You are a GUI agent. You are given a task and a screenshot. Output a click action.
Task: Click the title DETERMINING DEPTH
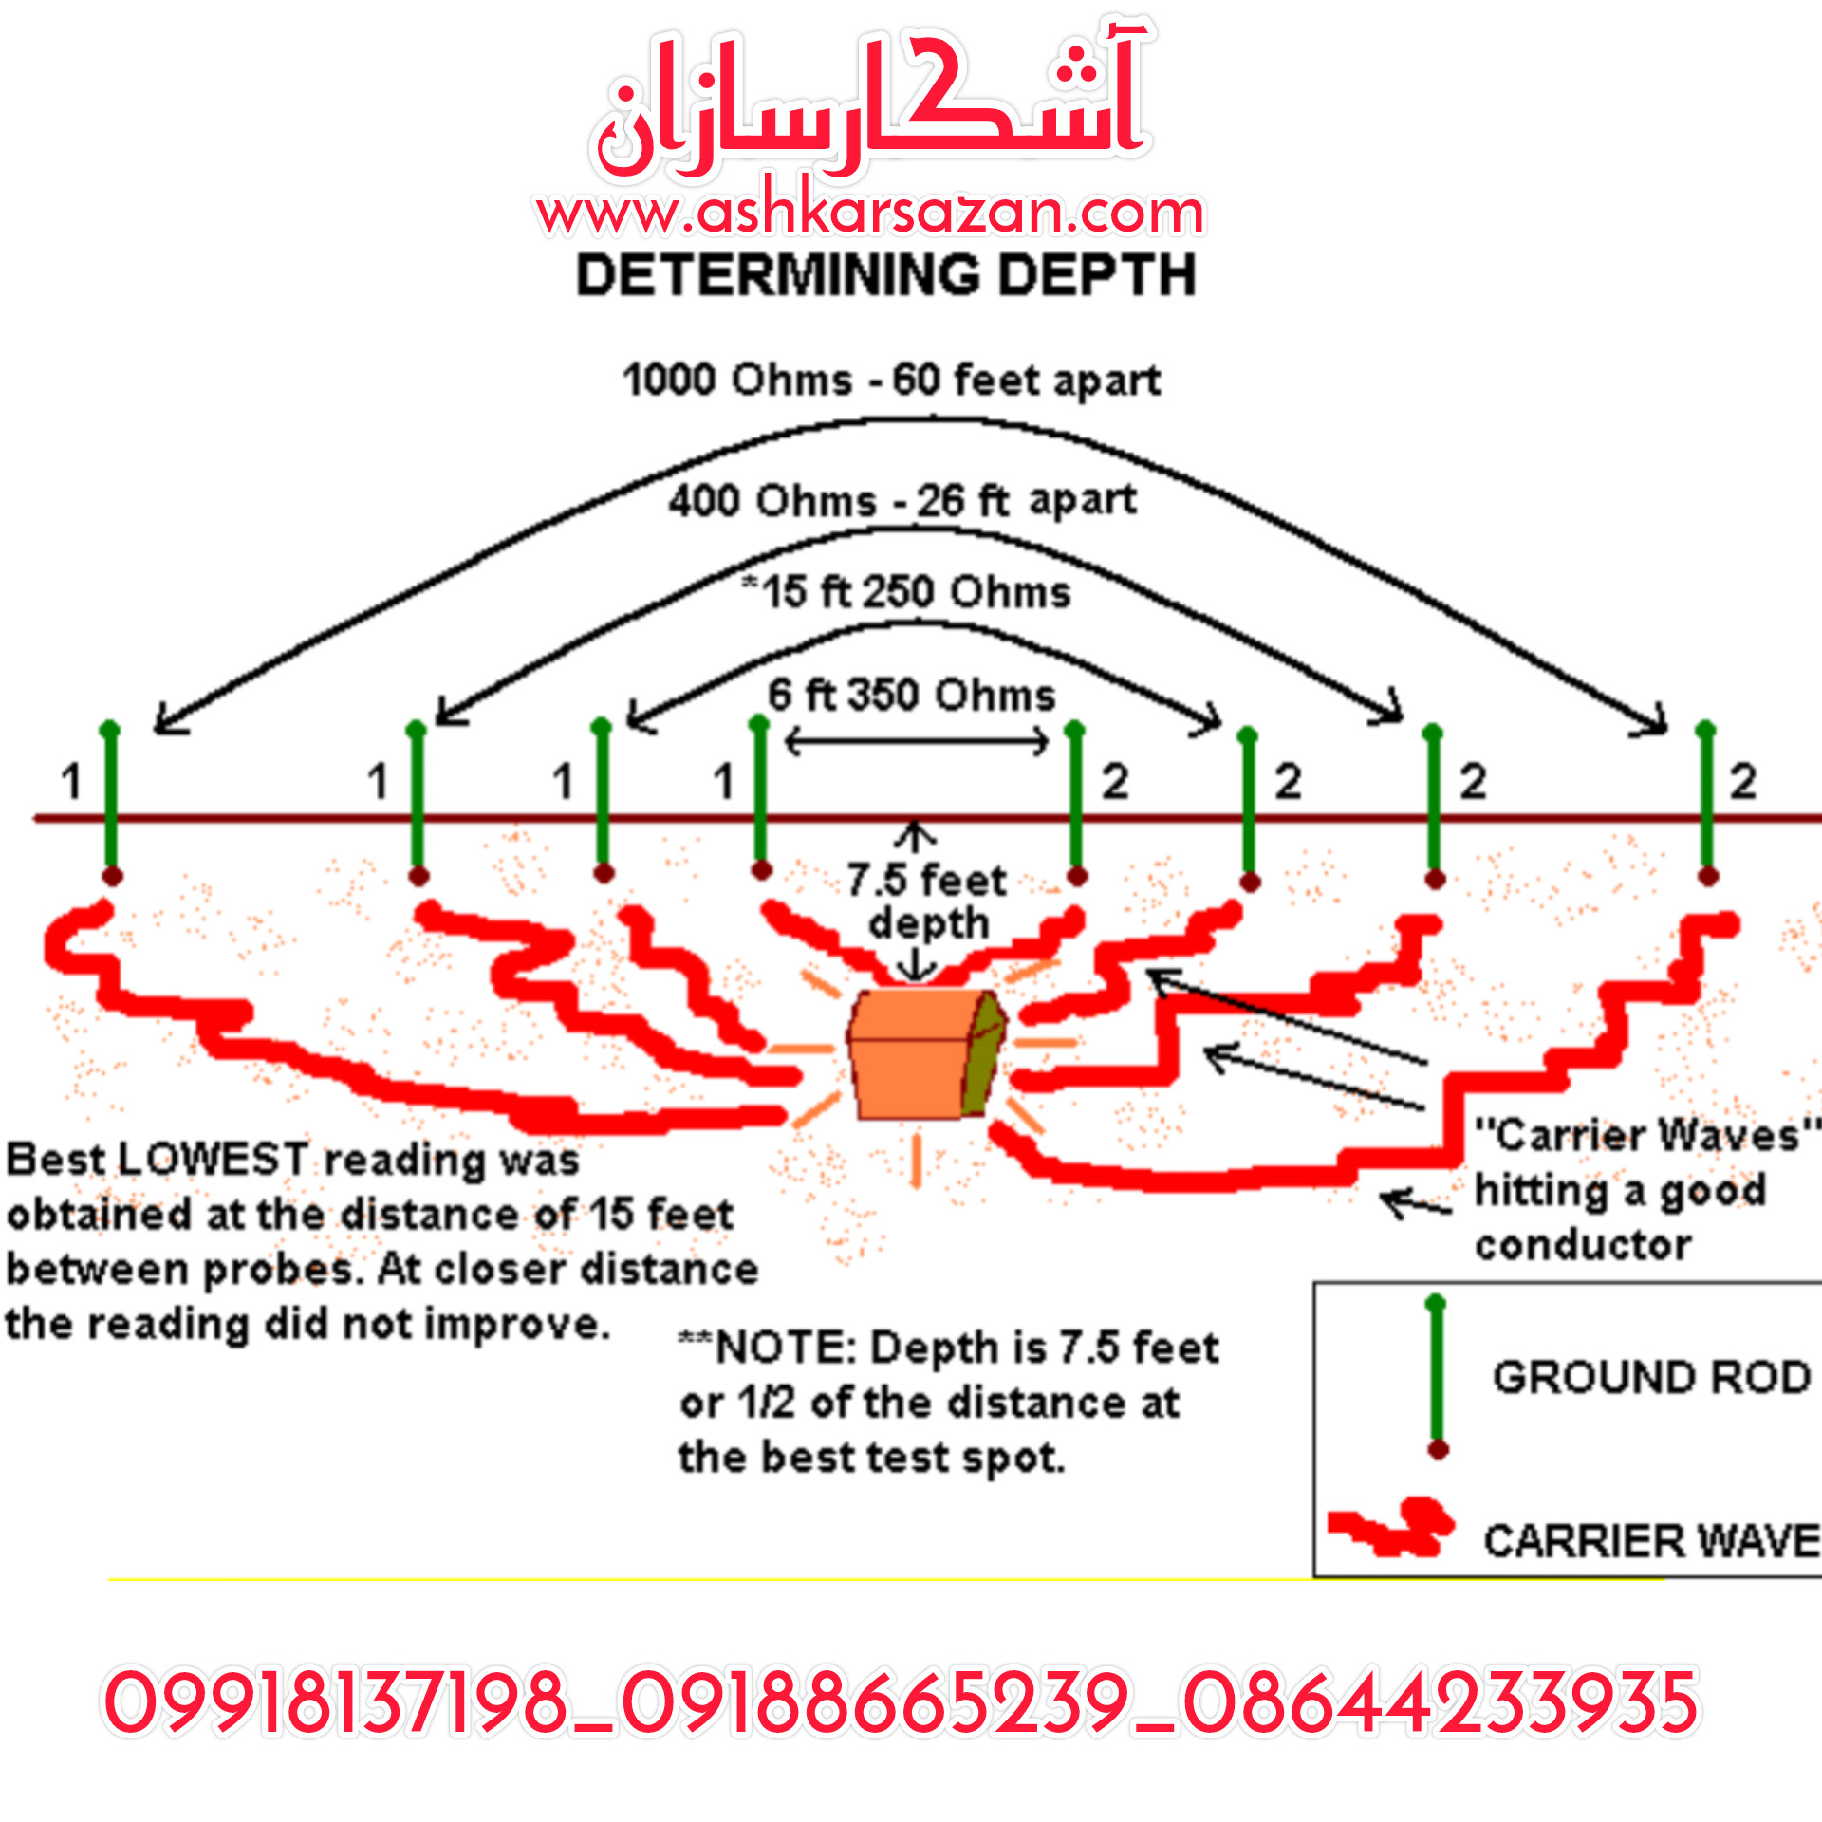click(x=886, y=276)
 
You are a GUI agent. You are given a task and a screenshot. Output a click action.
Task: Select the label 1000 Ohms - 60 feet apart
click(x=891, y=381)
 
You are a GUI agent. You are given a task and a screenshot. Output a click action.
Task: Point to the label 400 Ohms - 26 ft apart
click(x=902, y=500)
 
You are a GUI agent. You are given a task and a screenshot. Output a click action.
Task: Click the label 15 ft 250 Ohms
click(x=906, y=591)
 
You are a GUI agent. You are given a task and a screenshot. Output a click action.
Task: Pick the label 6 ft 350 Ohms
click(x=912, y=694)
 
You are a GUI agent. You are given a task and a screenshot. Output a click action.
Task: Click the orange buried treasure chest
click(x=926, y=1053)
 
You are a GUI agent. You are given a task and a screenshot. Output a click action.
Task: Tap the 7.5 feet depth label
click(x=927, y=902)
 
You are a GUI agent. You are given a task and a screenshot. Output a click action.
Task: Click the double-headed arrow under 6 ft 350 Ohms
click(x=917, y=740)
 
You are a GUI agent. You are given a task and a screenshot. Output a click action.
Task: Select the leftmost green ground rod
click(x=111, y=803)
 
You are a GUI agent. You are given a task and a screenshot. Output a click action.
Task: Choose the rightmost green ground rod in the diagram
click(x=1707, y=803)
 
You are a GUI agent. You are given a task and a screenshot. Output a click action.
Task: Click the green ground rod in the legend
click(x=1437, y=1377)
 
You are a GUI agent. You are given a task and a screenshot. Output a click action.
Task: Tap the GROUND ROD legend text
click(x=1652, y=1377)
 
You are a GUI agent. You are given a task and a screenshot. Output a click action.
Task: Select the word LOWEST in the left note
click(x=214, y=1159)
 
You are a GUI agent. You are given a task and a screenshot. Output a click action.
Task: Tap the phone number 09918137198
click(x=335, y=1703)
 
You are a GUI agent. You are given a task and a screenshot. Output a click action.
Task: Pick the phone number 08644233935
click(x=1441, y=1703)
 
